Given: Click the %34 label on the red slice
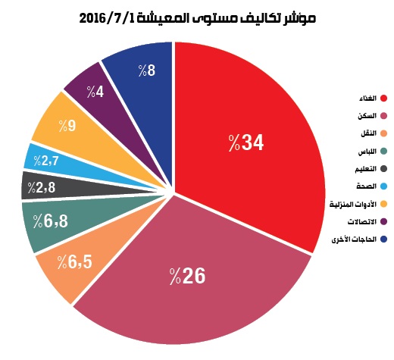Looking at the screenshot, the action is pyautogui.click(x=246, y=142).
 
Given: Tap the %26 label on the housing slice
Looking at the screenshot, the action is pyautogui.click(x=187, y=276).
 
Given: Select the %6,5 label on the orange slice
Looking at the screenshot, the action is pyautogui.click(x=75, y=261).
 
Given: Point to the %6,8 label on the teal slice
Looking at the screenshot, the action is pyautogui.click(x=51, y=221).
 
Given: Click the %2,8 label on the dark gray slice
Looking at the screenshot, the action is pyautogui.click(x=42, y=187).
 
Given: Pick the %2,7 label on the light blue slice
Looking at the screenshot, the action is pyautogui.click(x=46, y=161).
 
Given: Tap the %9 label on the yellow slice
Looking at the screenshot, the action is pyautogui.click(x=67, y=126).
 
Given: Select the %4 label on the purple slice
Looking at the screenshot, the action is pyautogui.click(x=95, y=92).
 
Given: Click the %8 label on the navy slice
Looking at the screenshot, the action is pyautogui.click(x=147, y=70).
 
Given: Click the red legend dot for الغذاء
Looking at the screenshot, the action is pyautogui.click(x=383, y=99).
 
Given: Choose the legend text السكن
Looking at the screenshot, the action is pyautogui.click(x=367, y=116).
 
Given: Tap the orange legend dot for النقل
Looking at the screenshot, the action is pyautogui.click(x=383, y=133).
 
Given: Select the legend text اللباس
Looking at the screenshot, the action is pyautogui.click(x=367, y=152).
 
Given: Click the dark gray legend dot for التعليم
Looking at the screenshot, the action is pyautogui.click(x=383, y=169).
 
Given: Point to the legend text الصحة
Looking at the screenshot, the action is pyautogui.click(x=367, y=186).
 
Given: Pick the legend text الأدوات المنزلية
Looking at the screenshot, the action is pyautogui.click(x=353, y=204).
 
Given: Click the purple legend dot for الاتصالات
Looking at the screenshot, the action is pyautogui.click(x=383, y=221).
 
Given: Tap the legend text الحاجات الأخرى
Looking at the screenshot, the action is pyautogui.click(x=354, y=239).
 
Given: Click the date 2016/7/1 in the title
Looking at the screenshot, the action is pyautogui.click(x=108, y=18).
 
